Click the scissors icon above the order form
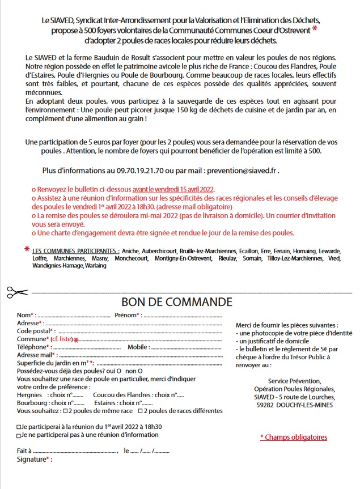click(x=18, y=292)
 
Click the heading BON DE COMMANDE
click(x=177, y=301)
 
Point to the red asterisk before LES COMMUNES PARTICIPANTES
click(x=27, y=249)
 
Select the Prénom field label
click(x=126, y=315)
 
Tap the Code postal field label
click(x=33, y=331)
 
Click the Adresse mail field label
click(x=35, y=355)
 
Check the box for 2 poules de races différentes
click(x=141, y=411)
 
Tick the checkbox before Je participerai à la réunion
click(x=19, y=427)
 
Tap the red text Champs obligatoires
click(x=294, y=437)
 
